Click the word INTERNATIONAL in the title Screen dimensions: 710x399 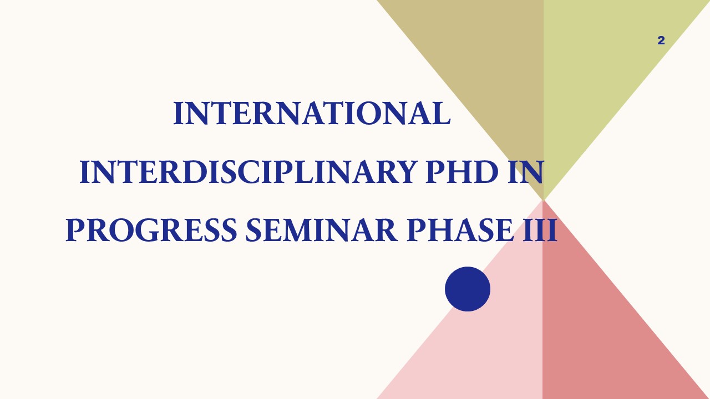(x=312, y=113)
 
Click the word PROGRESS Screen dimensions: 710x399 (x=151, y=230)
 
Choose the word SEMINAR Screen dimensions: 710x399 (x=321, y=230)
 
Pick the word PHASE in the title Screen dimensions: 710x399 (x=459, y=230)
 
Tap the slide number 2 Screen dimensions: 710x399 (x=661, y=40)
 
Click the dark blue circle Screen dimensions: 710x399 (x=468, y=289)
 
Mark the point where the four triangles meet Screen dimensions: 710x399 (x=543, y=200)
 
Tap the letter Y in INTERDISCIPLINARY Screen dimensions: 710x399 (x=404, y=172)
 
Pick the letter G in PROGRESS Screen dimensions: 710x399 (x=147, y=230)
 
